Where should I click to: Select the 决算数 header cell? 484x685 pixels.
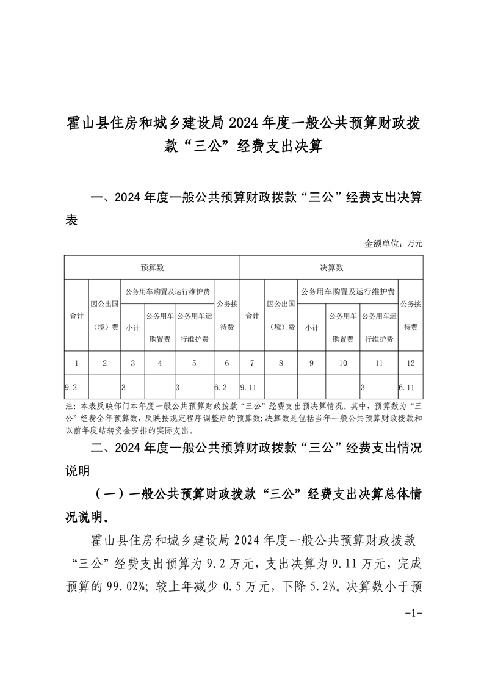(331, 267)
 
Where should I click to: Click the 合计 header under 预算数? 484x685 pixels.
(76, 316)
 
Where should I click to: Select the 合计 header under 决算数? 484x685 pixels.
(252, 316)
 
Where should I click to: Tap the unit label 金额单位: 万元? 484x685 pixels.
(394, 243)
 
